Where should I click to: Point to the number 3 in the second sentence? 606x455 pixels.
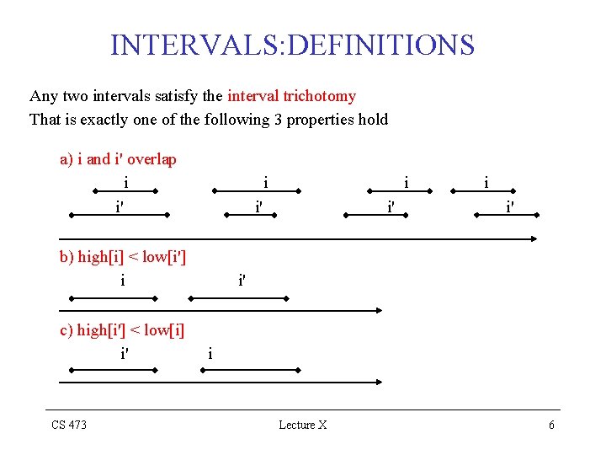(x=278, y=119)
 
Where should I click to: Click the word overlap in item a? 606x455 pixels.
(x=151, y=159)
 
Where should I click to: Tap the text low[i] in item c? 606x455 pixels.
(x=164, y=330)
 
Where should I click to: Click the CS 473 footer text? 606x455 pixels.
(x=69, y=425)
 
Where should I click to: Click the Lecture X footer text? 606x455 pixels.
(x=303, y=425)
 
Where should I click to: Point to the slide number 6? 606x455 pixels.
(x=551, y=425)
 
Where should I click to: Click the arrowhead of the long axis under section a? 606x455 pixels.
(x=534, y=239)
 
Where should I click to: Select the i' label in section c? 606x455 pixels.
(x=125, y=354)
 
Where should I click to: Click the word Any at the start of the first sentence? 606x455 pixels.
(x=43, y=96)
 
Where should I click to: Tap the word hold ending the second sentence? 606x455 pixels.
(x=373, y=119)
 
